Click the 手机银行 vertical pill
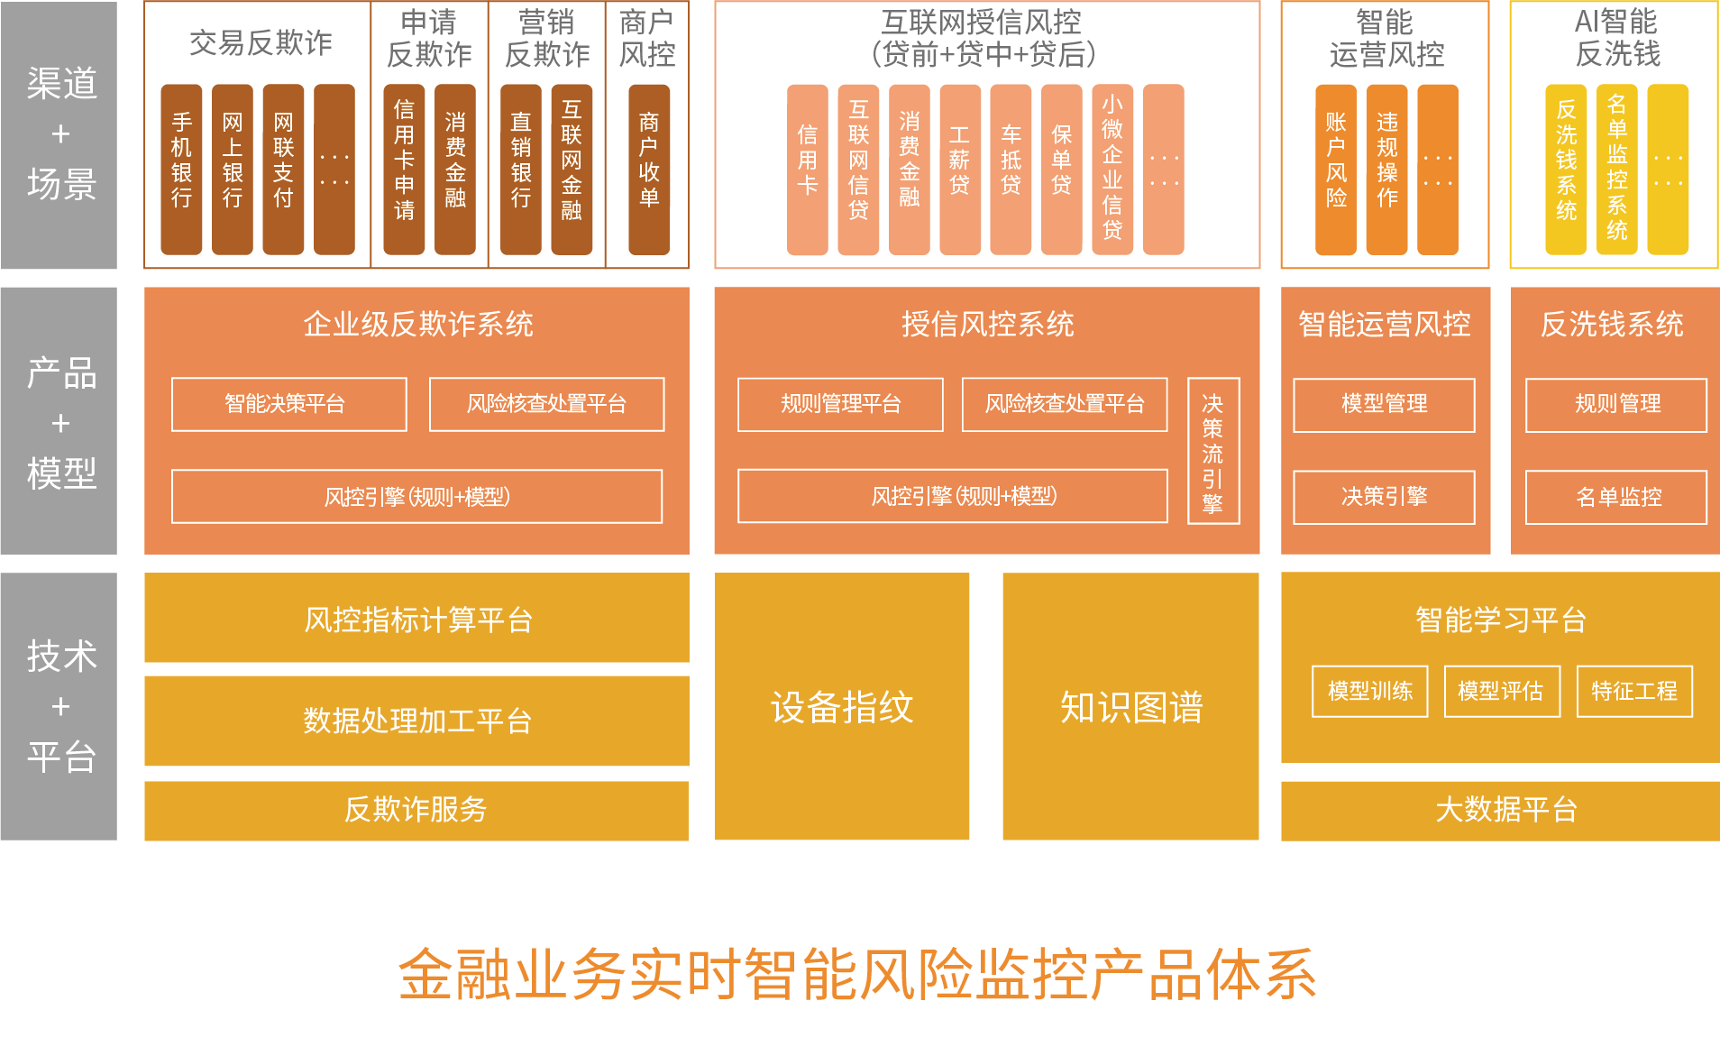coord(181,170)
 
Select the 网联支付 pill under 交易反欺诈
coord(283,170)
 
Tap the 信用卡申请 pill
coord(404,170)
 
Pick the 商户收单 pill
coord(649,170)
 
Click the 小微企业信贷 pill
coord(1112,170)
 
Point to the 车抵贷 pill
coord(1011,170)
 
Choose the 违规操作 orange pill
coord(1386,170)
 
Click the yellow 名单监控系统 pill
coord(1617,170)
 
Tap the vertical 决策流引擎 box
coord(1213,451)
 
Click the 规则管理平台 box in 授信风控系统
coord(840,404)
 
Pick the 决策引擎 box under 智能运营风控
coord(1384,497)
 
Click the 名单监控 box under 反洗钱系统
coord(1616,497)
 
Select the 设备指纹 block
coord(842,707)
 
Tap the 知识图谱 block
coord(1130,707)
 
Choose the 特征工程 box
coord(1634,692)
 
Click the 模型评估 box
coord(1502,692)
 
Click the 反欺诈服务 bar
coord(416,810)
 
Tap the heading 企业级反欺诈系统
coord(417,325)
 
